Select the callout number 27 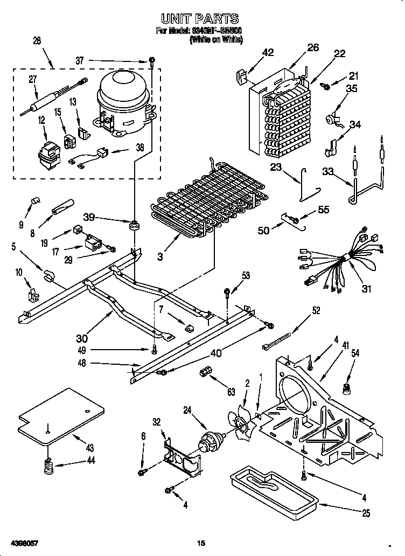pyautogui.click(x=33, y=79)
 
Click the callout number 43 pyautogui.click(x=89, y=448)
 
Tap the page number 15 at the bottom pyautogui.click(x=201, y=542)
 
